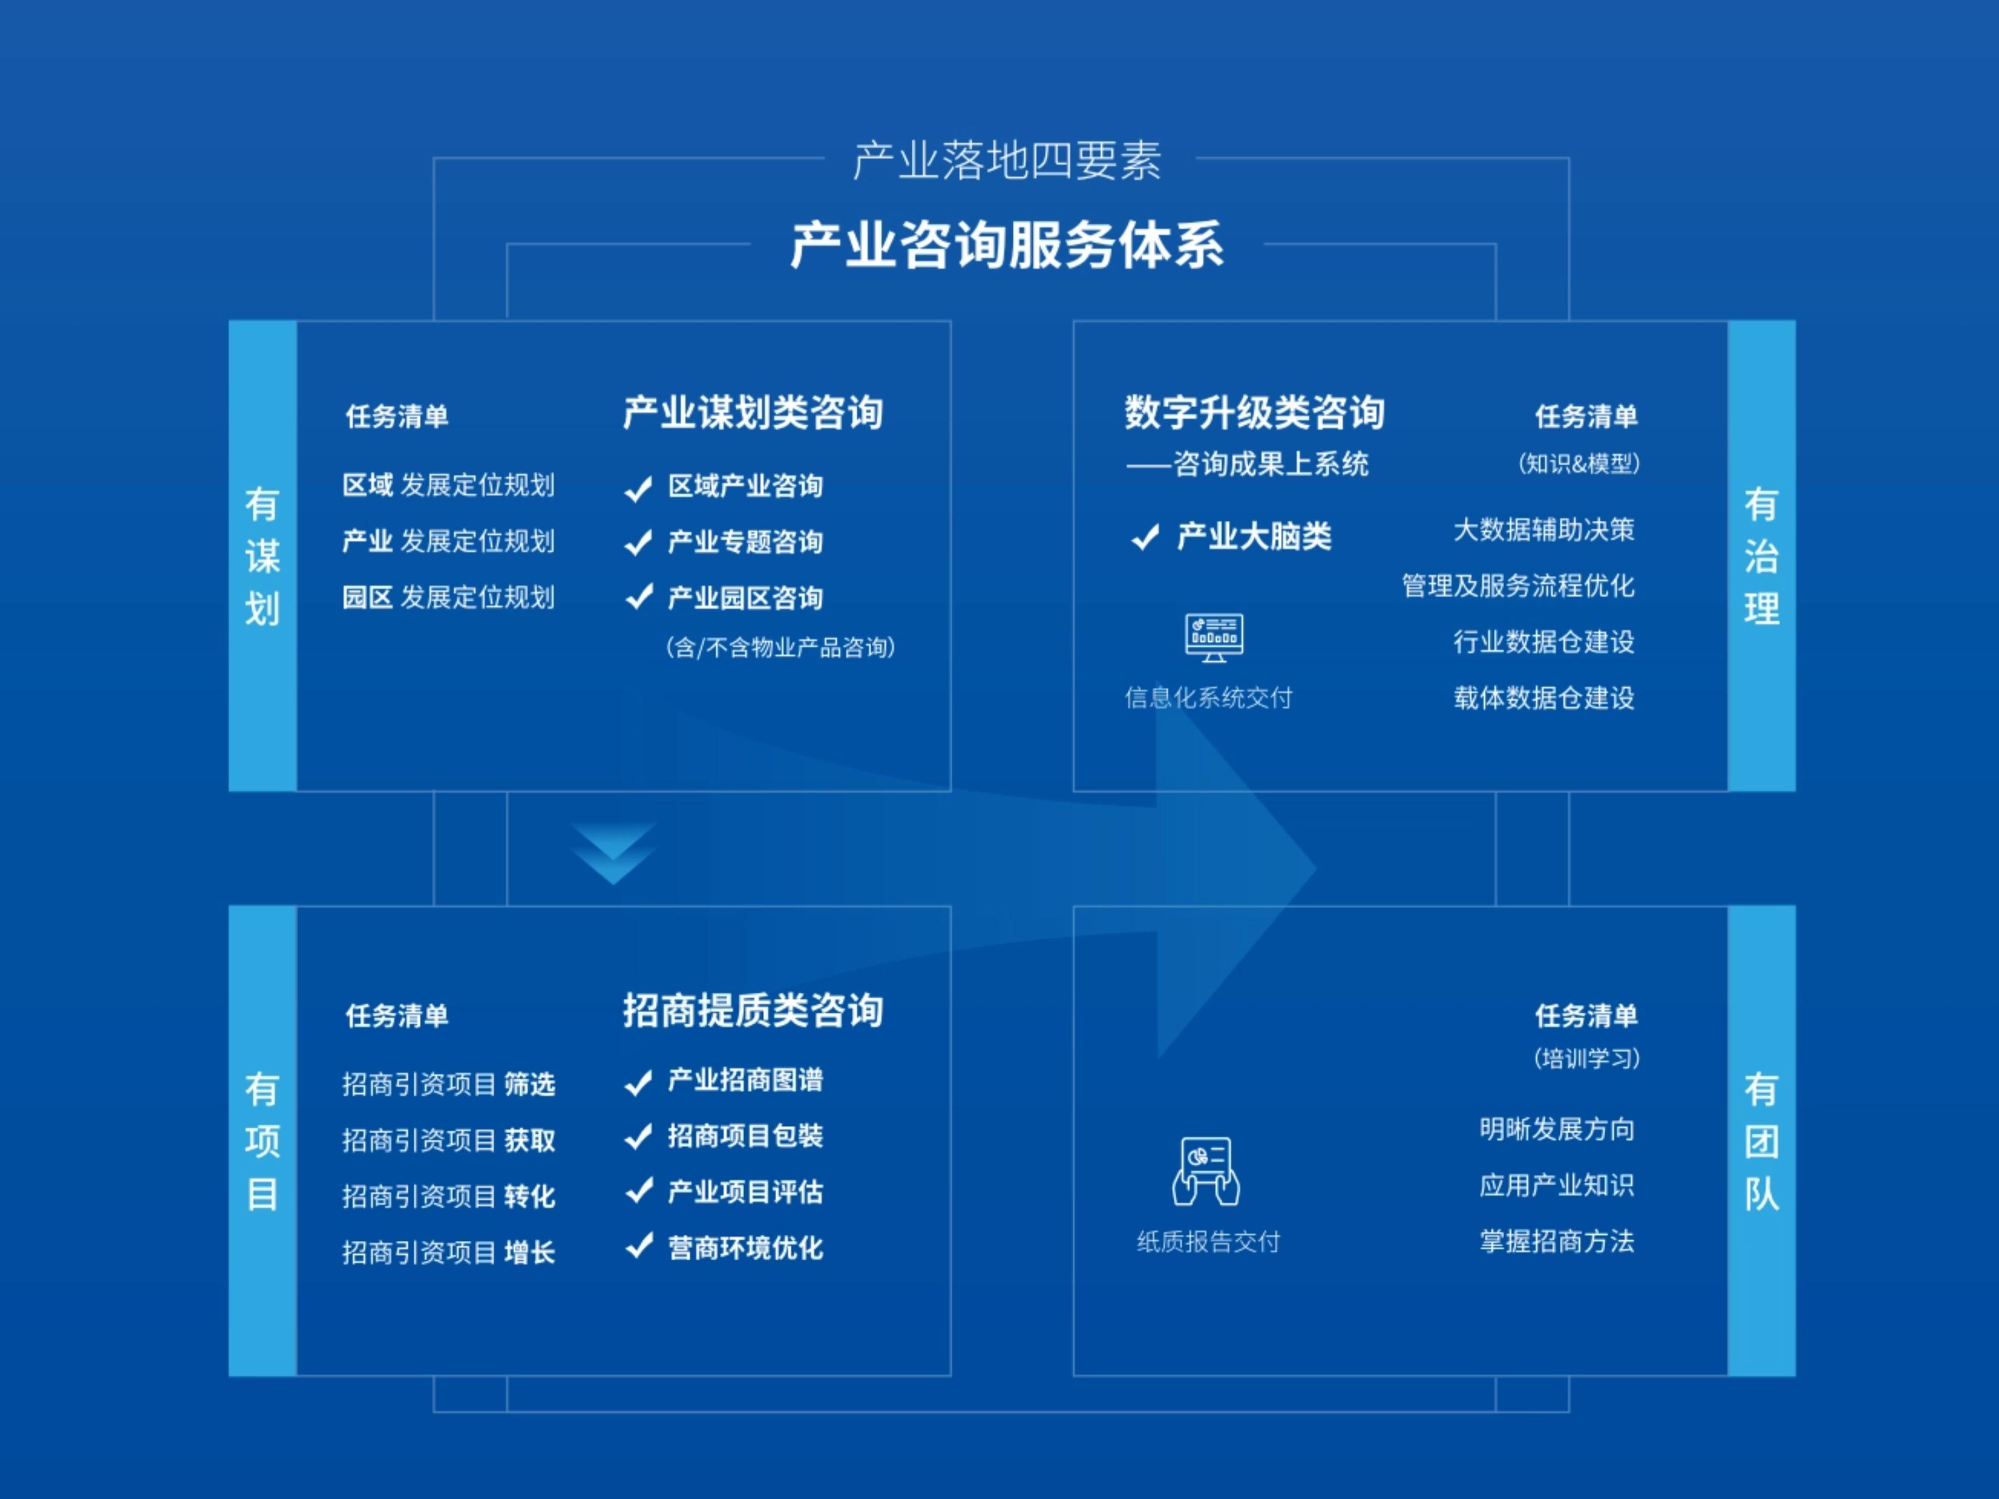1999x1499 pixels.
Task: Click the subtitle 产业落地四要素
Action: (x=1007, y=161)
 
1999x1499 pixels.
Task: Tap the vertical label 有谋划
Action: (x=262, y=556)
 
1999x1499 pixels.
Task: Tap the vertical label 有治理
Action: (x=1761, y=556)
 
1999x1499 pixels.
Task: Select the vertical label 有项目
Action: (x=262, y=1141)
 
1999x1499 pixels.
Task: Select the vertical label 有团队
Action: (x=1761, y=1141)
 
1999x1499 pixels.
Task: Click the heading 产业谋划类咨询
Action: (x=753, y=413)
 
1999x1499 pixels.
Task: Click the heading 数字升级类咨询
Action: (x=1254, y=413)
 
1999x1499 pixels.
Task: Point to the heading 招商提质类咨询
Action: (x=753, y=1010)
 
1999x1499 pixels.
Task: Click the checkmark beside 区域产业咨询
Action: (x=639, y=488)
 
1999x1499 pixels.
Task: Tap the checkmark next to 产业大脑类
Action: (x=1146, y=537)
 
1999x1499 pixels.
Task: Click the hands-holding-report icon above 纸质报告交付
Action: (x=1207, y=1171)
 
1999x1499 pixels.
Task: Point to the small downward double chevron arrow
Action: (x=614, y=853)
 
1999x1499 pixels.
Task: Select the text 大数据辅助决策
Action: (x=1544, y=530)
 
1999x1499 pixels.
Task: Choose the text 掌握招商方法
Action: (x=1556, y=1241)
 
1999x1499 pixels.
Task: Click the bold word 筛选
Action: (x=530, y=1084)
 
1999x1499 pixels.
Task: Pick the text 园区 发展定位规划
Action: (x=448, y=597)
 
